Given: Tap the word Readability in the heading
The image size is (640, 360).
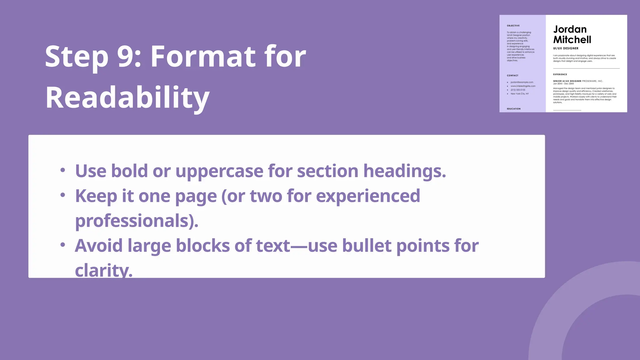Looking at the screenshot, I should pyautogui.click(x=127, y=98).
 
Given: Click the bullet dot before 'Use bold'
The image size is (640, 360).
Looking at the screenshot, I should pyautogui.click(x=63, y=170).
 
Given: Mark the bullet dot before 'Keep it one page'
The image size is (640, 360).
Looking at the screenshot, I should pyautogui.click(x=63, y=195).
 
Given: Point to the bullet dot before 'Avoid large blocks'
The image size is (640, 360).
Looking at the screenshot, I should pyautogui.click(x=63, y=245).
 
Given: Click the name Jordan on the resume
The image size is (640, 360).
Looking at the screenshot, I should pyautogui.click(x=570, y=29).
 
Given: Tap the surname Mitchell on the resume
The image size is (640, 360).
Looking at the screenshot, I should pyautogui.click(x=572, y=40).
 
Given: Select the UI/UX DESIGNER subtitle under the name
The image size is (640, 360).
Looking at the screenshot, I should pyautogui.click(x=566, y=48).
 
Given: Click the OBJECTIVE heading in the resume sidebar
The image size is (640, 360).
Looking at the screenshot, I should pyautogui.click(x=513, y=26).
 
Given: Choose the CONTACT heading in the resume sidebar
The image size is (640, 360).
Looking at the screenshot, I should pyautogui.click(x=512, y=76).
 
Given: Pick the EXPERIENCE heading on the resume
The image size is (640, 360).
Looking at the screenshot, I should pyautogui.click(x=560, y=74).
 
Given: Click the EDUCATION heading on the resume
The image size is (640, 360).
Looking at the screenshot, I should pyautogui.click(x=514, y=109).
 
